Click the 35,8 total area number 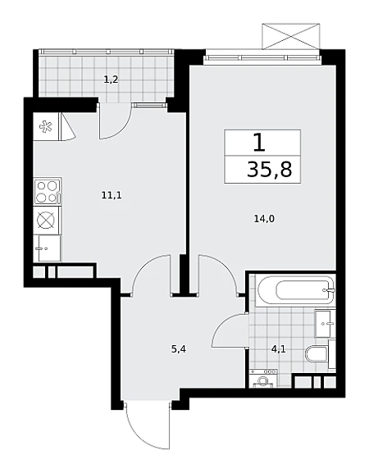pyautogui.click(x=270, y=170)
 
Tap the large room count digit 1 pyautogui.click(x=259, y=143)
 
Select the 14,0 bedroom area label pyautogui.click(x=264, y=219)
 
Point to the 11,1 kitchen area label pyautogui.click(x=112, y=195)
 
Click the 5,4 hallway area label pyautogui.click(x=179, y=349)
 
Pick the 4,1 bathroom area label pyautogui.click(x=278, y=349)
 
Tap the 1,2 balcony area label pyautogui.click(x=111, y=80)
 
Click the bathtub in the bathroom pyautogui.click(x=295, y=291)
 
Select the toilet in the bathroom pyautogui.click(x=317, y=354)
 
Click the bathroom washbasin pyautogui.click(x=326, y=324)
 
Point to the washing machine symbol pyautogui.click(x=263, y=378)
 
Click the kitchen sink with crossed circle pyautogui.click(x=47, y=220)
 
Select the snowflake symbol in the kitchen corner pyautogui.click(x=46, y=126)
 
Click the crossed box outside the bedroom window pyautogui.click(x=291, y=36)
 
